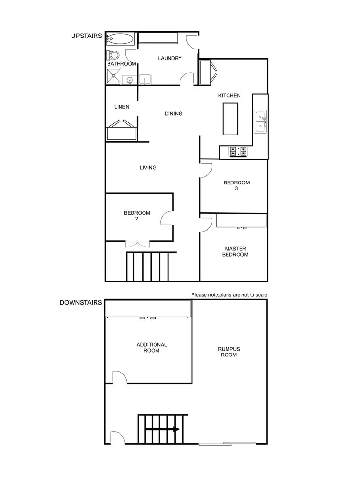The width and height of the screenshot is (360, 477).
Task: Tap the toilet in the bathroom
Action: [x=111, y=54]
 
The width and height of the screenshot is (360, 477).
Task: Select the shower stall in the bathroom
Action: [x=114, y=76]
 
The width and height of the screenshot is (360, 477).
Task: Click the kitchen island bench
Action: [x=231, y=119]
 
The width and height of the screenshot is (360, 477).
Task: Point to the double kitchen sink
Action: [x=261, y=121]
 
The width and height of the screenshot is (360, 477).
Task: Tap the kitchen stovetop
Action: [x=239, y=152]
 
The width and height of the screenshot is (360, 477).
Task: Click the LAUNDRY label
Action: [x=170, y=59]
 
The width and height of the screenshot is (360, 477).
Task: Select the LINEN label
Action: [x=121, y=107]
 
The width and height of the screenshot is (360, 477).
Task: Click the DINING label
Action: [x=173, y=114]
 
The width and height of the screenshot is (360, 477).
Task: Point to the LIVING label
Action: [x=148, y=168]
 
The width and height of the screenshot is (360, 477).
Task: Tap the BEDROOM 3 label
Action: [x=237, y=185]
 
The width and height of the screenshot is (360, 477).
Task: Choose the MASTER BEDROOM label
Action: [x=235, y=251]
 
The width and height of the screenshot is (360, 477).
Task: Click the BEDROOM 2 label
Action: [x=137, y=216]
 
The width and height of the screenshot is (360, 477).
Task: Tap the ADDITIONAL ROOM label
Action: [x=152, y=347]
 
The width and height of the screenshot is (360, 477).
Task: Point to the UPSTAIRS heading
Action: [x=86, y=36]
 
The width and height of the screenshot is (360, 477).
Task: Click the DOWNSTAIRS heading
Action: [x=81, y=303]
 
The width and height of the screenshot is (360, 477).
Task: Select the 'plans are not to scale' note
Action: [x=229, y=294]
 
